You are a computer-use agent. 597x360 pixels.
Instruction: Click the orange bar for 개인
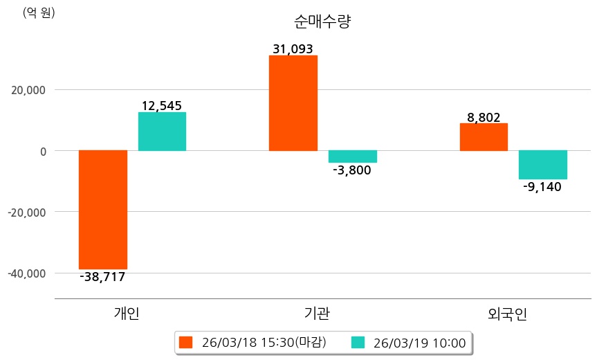tap(103, 209)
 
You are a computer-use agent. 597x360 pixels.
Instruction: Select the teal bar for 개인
tap(162, 132)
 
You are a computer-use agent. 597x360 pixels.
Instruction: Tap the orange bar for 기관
tap(293, 102)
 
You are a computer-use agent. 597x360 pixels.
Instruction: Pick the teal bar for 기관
tap(352, 156)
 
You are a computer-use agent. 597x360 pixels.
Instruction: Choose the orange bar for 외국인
tap(484, 137)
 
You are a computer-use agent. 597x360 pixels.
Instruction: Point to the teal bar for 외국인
tap(543, 165)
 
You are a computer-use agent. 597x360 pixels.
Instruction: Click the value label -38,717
tap(103, 277)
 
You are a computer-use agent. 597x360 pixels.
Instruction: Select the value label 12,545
tap(162, 106)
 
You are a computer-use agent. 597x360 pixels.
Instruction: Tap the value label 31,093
tap(293, 49)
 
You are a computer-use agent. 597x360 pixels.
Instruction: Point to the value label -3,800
tap(352, 170)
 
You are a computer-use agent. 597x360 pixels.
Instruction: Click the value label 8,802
tap(484, 118)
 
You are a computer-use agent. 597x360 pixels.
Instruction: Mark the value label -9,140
tap(542, 186)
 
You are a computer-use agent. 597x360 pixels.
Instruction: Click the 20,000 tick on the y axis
tap(27, 90)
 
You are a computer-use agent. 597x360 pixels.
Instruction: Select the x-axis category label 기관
tap(318, 314)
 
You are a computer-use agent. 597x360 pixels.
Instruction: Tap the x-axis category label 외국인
tap(507, 314)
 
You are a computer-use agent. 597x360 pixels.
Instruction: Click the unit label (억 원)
tap(39, 12)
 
